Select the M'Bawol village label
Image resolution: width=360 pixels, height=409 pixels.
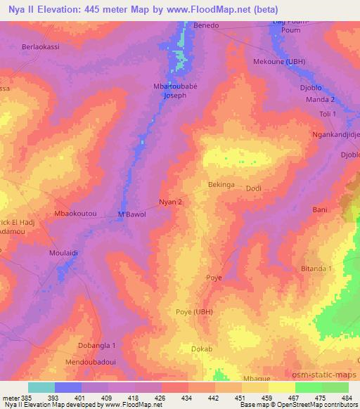pyautogui.click(x=131, y=214)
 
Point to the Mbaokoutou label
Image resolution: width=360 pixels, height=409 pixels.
pyautogui.click(x=75, y=212)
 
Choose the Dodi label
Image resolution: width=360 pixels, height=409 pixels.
pyautogui.click(x=253, y=188)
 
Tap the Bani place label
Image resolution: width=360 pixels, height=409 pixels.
pyautogui.click(x=320, y=209)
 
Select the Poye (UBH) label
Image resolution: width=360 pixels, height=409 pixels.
pyautogui.click(x=193, y=311)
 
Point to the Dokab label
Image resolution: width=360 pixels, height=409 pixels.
pyautogui.click(x=202, y=349)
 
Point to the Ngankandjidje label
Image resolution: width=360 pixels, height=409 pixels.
pyautogui.click(x=335, y=134)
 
